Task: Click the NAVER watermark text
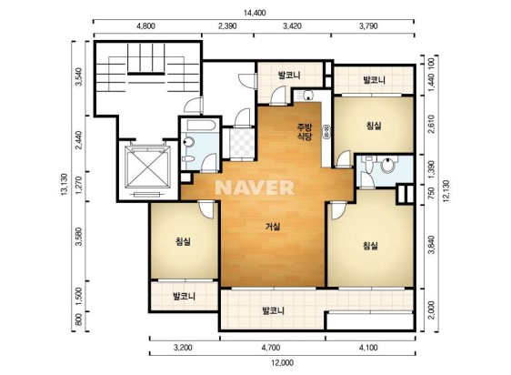(255, 187)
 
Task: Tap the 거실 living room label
(273, 227)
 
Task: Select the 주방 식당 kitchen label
(305, 132)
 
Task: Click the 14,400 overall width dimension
(255, 13)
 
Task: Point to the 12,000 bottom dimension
(282, 362)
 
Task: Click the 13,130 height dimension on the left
(64, 185)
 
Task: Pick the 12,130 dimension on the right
(446, 191)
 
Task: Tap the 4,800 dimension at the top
(145, 26)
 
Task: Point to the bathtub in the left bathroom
(200, 126)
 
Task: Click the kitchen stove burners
(326, 131)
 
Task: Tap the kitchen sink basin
(308, 96)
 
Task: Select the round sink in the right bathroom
(387, 166)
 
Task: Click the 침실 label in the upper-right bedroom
(374, 126)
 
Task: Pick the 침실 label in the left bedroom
(183, 241)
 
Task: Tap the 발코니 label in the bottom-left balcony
(185, 297)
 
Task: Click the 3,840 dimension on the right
(432, 245)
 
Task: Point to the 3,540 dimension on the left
(78, 77)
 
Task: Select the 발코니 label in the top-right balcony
(374, 79)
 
